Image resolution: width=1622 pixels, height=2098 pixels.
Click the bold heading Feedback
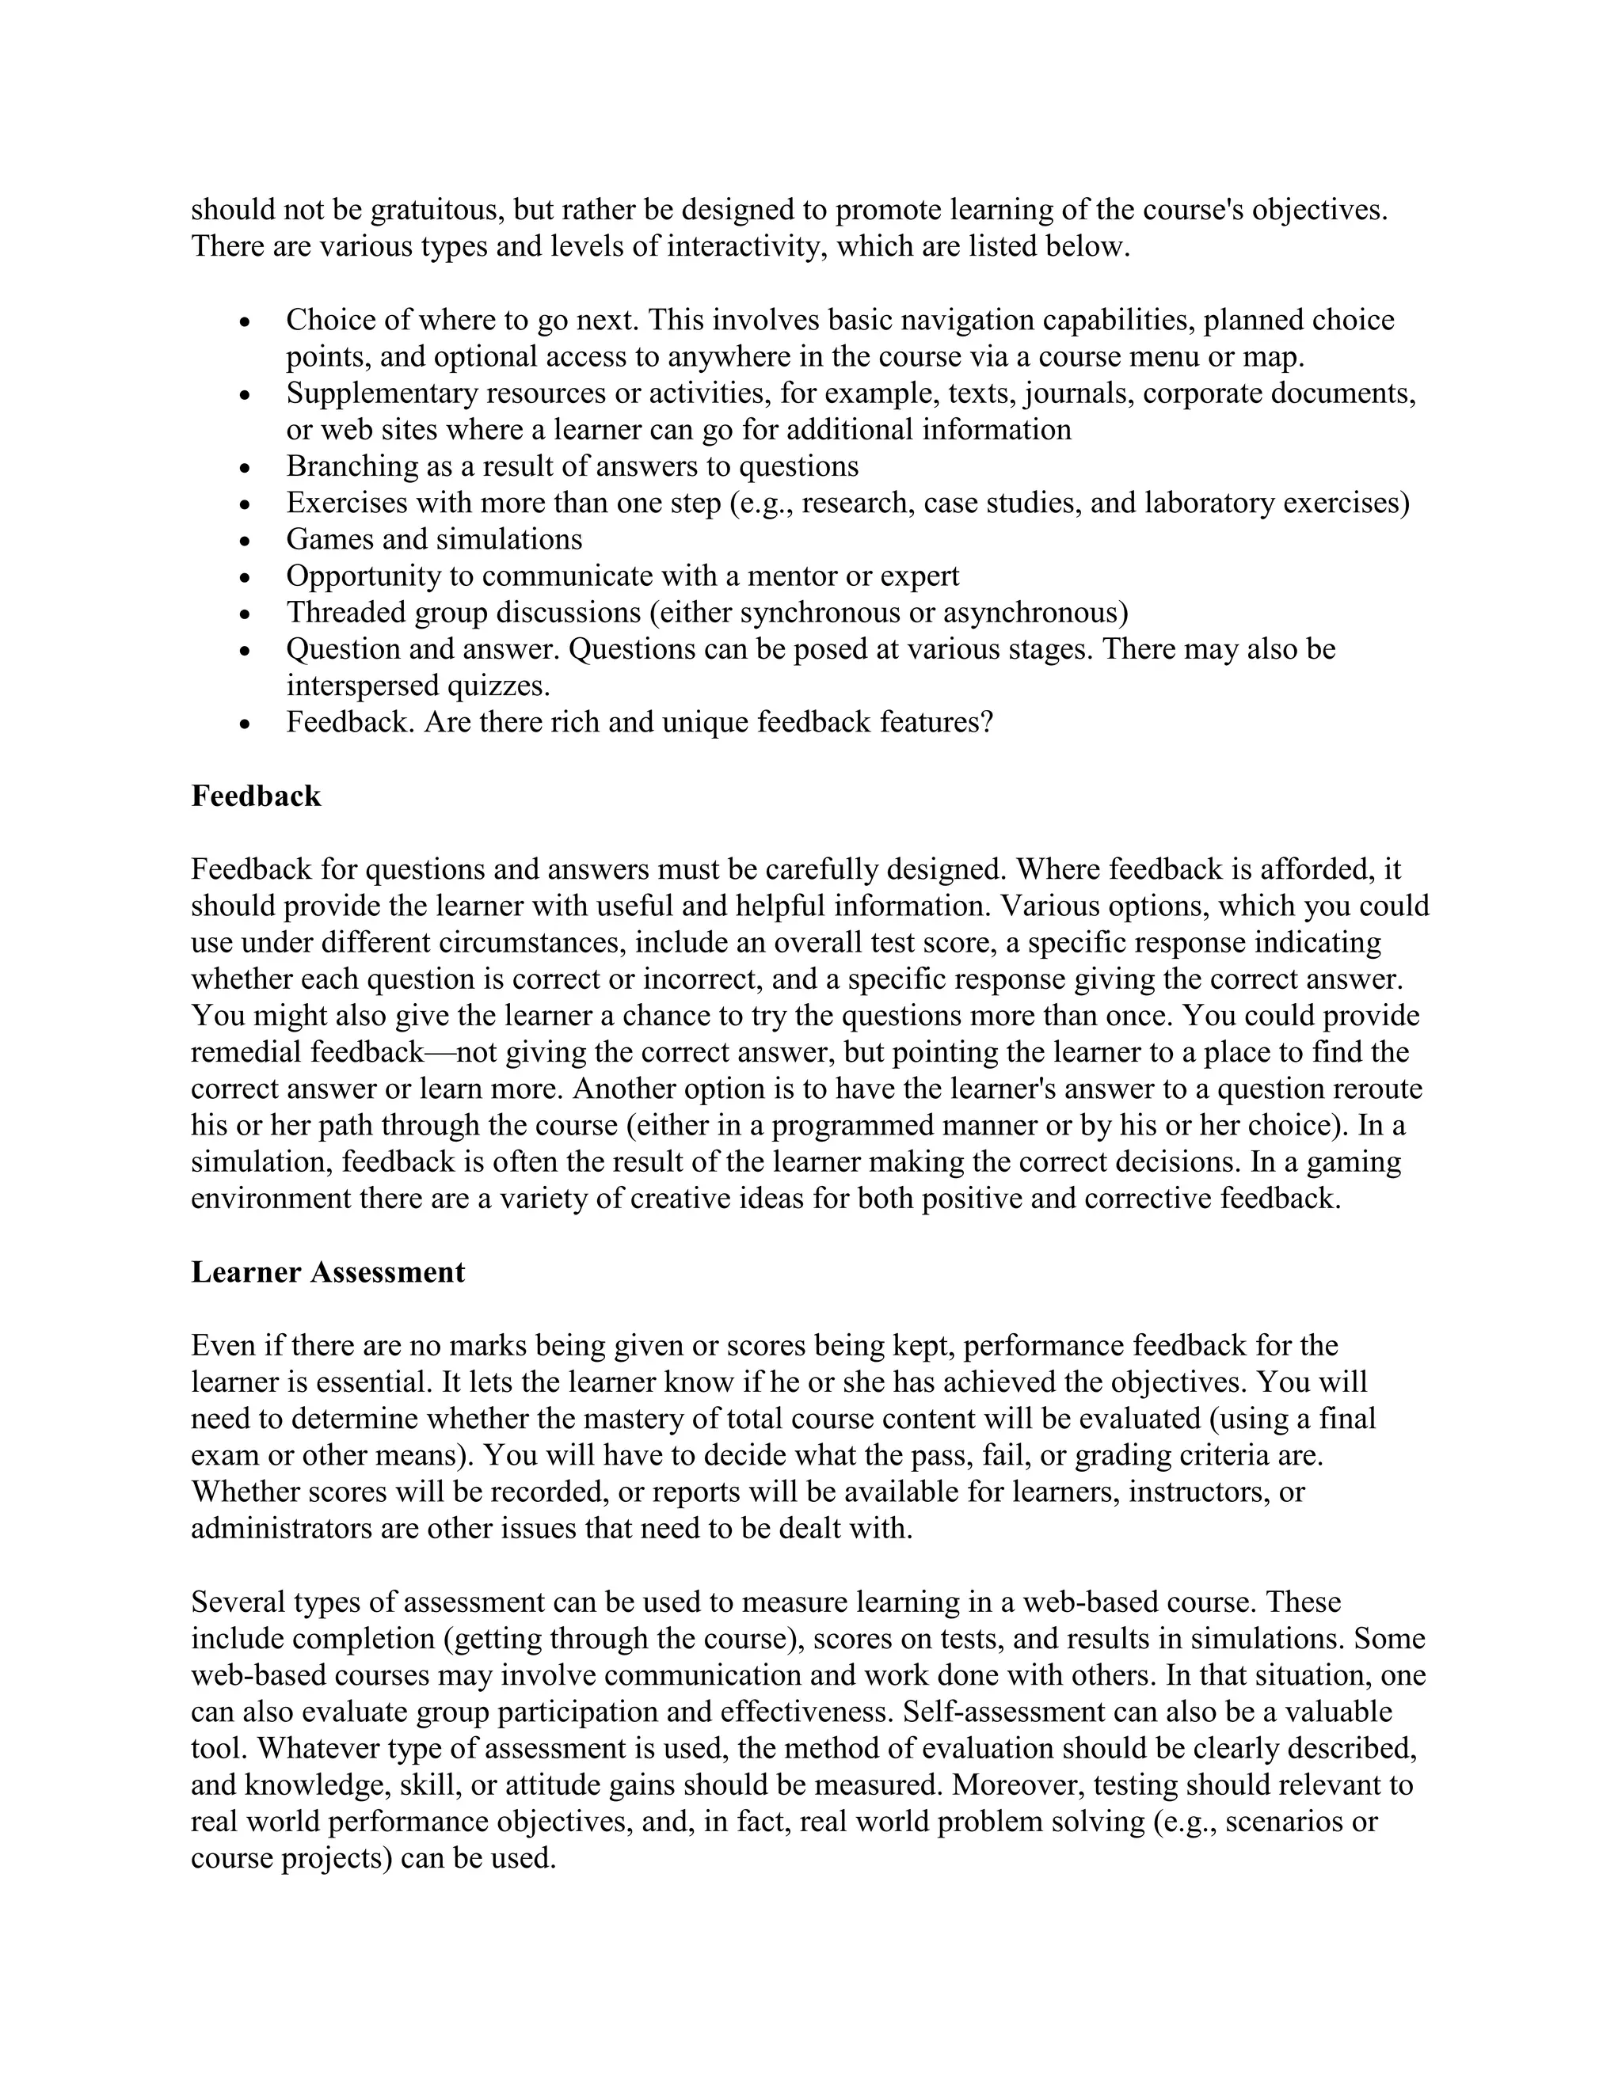point(256,796)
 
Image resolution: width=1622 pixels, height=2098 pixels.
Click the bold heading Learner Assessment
point(328,1272)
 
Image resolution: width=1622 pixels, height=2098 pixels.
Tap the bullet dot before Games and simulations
point(246,542)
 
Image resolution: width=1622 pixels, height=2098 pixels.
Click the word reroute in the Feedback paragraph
point(1376,1089)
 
